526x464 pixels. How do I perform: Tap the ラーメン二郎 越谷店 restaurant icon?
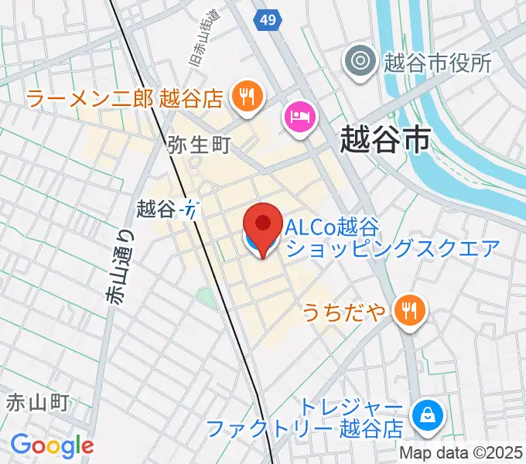click(248, 97)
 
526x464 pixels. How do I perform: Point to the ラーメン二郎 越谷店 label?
click(125, 98)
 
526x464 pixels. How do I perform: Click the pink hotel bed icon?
click(299, 118)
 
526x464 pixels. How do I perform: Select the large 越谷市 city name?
click(385, 142)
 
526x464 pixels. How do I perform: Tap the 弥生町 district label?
click(199, 145)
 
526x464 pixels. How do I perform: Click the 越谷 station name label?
click(157, 208)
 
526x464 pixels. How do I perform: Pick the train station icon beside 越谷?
click(190, 209)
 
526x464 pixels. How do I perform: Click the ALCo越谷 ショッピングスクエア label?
click(392, 237)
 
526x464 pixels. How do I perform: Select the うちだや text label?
click(343, 312)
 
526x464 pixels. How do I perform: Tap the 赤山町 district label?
click(39, 402)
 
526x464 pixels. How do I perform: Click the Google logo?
click(52, 445)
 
